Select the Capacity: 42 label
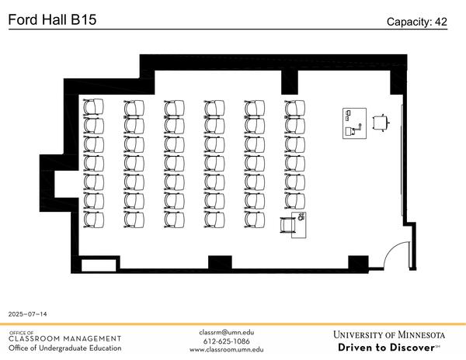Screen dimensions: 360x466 (x=417, y=22)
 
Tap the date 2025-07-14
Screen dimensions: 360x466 (x=28, y=314)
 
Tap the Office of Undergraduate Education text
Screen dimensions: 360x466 (x=65, y=348)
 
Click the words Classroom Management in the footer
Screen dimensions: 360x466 (x=65, y=338)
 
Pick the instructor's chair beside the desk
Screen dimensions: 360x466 (x=381, y=123)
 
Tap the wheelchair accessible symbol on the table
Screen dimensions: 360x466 (x=301, y=217)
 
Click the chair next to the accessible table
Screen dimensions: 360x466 (x=288, y=224)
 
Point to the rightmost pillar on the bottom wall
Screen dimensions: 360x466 (x=357, y=263)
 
